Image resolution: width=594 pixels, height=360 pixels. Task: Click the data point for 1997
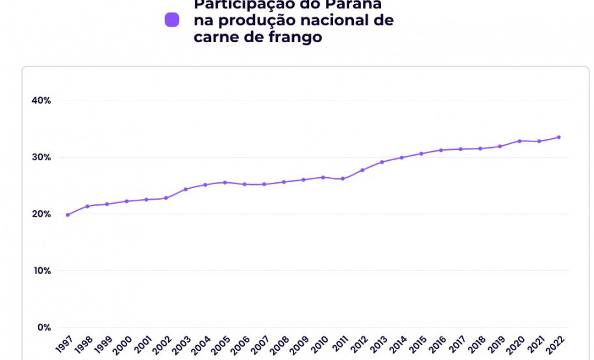68,215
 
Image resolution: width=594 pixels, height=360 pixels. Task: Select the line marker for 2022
559,137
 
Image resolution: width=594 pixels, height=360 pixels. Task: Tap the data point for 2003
186,189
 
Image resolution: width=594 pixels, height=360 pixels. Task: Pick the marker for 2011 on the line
343,178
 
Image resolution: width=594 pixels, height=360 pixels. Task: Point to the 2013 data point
382,162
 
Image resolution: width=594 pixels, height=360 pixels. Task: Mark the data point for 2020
519,141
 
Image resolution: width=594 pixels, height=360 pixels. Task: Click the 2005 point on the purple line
225,182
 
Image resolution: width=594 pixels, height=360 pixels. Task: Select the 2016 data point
441,150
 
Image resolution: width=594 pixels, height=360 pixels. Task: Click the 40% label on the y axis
41,101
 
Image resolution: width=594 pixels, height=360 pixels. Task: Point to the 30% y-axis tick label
41,157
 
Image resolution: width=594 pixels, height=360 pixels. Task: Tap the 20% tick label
41,214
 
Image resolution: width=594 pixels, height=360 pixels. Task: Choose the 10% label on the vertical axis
42,270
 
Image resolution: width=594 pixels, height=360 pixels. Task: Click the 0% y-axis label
43,328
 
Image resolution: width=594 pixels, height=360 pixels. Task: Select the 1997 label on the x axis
64,344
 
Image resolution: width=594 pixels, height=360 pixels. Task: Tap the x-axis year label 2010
319,344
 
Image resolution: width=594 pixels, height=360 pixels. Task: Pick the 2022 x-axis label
555,344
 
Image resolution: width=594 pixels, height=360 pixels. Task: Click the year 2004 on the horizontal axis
201,344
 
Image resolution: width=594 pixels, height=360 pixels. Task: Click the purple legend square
172,20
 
